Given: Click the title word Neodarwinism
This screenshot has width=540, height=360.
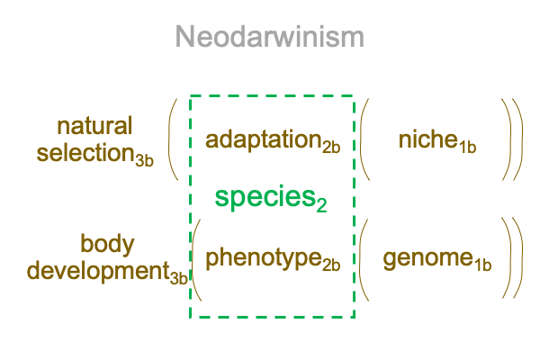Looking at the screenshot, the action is click(270, 37).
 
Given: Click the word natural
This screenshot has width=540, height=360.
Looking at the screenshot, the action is click(94, 126).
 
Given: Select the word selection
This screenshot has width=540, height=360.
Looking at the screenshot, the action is click(85, 152).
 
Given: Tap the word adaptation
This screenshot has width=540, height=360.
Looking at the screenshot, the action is click(264, 139).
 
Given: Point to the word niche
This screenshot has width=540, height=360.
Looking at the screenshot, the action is click(428, 139).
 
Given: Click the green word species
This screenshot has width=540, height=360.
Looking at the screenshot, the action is click(265, 196).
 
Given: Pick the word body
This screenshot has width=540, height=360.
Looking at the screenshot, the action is click(107, 245).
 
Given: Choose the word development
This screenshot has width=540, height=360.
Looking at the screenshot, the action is click(98, 272).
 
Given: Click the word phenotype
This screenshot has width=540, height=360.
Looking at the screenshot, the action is click(264, 258).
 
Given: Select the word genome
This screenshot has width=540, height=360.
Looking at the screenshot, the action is click(428, 258).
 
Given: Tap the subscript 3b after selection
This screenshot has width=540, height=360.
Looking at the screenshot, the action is click(144, 160).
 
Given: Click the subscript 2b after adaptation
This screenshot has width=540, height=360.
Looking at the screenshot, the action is click(331, 147).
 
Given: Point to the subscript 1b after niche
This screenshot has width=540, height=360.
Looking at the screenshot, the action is click(467, 147).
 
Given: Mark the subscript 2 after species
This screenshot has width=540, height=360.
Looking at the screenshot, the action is click(321, 205).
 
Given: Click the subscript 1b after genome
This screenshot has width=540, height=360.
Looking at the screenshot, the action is click(482, 265).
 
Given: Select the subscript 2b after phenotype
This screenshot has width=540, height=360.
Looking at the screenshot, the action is click(331, 265).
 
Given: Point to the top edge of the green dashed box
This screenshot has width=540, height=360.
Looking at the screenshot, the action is click(272, 95).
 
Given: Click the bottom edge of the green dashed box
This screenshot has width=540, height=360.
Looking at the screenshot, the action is click(272, 317).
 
